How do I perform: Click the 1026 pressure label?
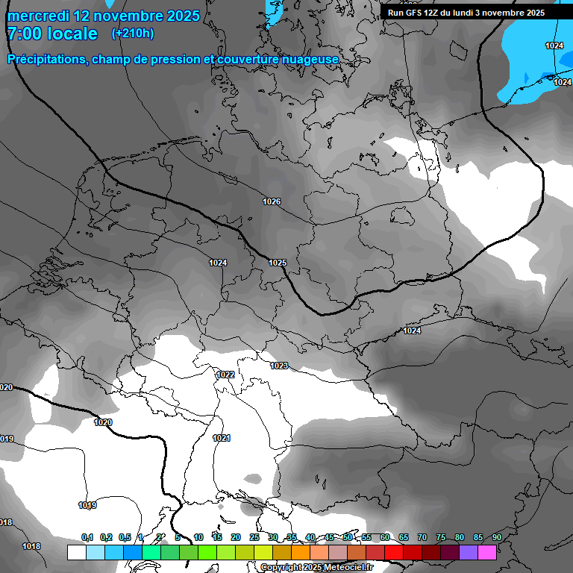point(272,202)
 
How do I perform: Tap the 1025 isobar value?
point(278,263)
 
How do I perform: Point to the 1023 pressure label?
point(279,366)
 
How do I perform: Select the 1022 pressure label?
point(225,375)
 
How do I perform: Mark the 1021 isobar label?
point(221,438)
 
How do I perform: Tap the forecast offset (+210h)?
point(132,33)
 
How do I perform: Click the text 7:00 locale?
point(53,34)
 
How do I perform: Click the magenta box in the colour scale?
point(487,552)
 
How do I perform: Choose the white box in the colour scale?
point(76,552)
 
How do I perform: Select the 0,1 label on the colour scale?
point(87,537)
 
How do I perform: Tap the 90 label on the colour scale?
point(496,537)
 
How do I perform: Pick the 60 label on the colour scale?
point(384,537)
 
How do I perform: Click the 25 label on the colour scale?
point(254,537)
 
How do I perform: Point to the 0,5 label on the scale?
point(125,537)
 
